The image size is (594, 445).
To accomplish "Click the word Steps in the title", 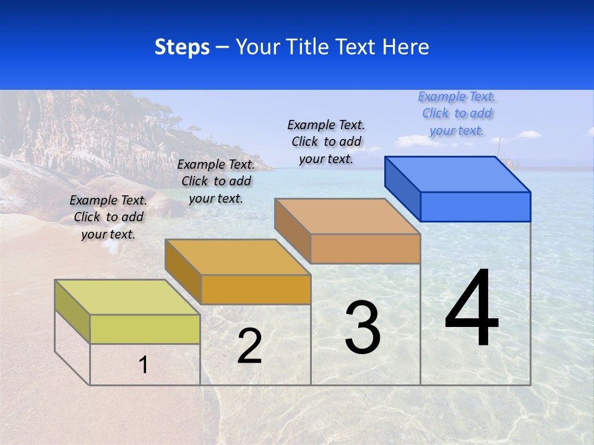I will click(182, 47).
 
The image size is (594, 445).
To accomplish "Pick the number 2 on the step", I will click(249, 346).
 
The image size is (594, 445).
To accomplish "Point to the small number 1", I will click(144, 365).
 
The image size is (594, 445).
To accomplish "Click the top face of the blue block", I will click(458, 174).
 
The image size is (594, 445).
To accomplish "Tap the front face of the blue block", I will click(475, 206).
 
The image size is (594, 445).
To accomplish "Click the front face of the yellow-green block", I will click(145, 329).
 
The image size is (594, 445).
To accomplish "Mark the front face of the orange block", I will click(256, 289).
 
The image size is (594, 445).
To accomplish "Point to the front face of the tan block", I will click(365, 248).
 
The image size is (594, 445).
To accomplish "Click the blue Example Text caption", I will click(457, 113).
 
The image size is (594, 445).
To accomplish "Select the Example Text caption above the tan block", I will click(326, 142).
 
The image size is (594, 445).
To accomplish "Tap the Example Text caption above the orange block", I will click(216, 181).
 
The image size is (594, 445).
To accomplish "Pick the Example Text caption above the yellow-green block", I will click(108, 217).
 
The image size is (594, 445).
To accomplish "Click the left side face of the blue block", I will click(403, 189).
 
